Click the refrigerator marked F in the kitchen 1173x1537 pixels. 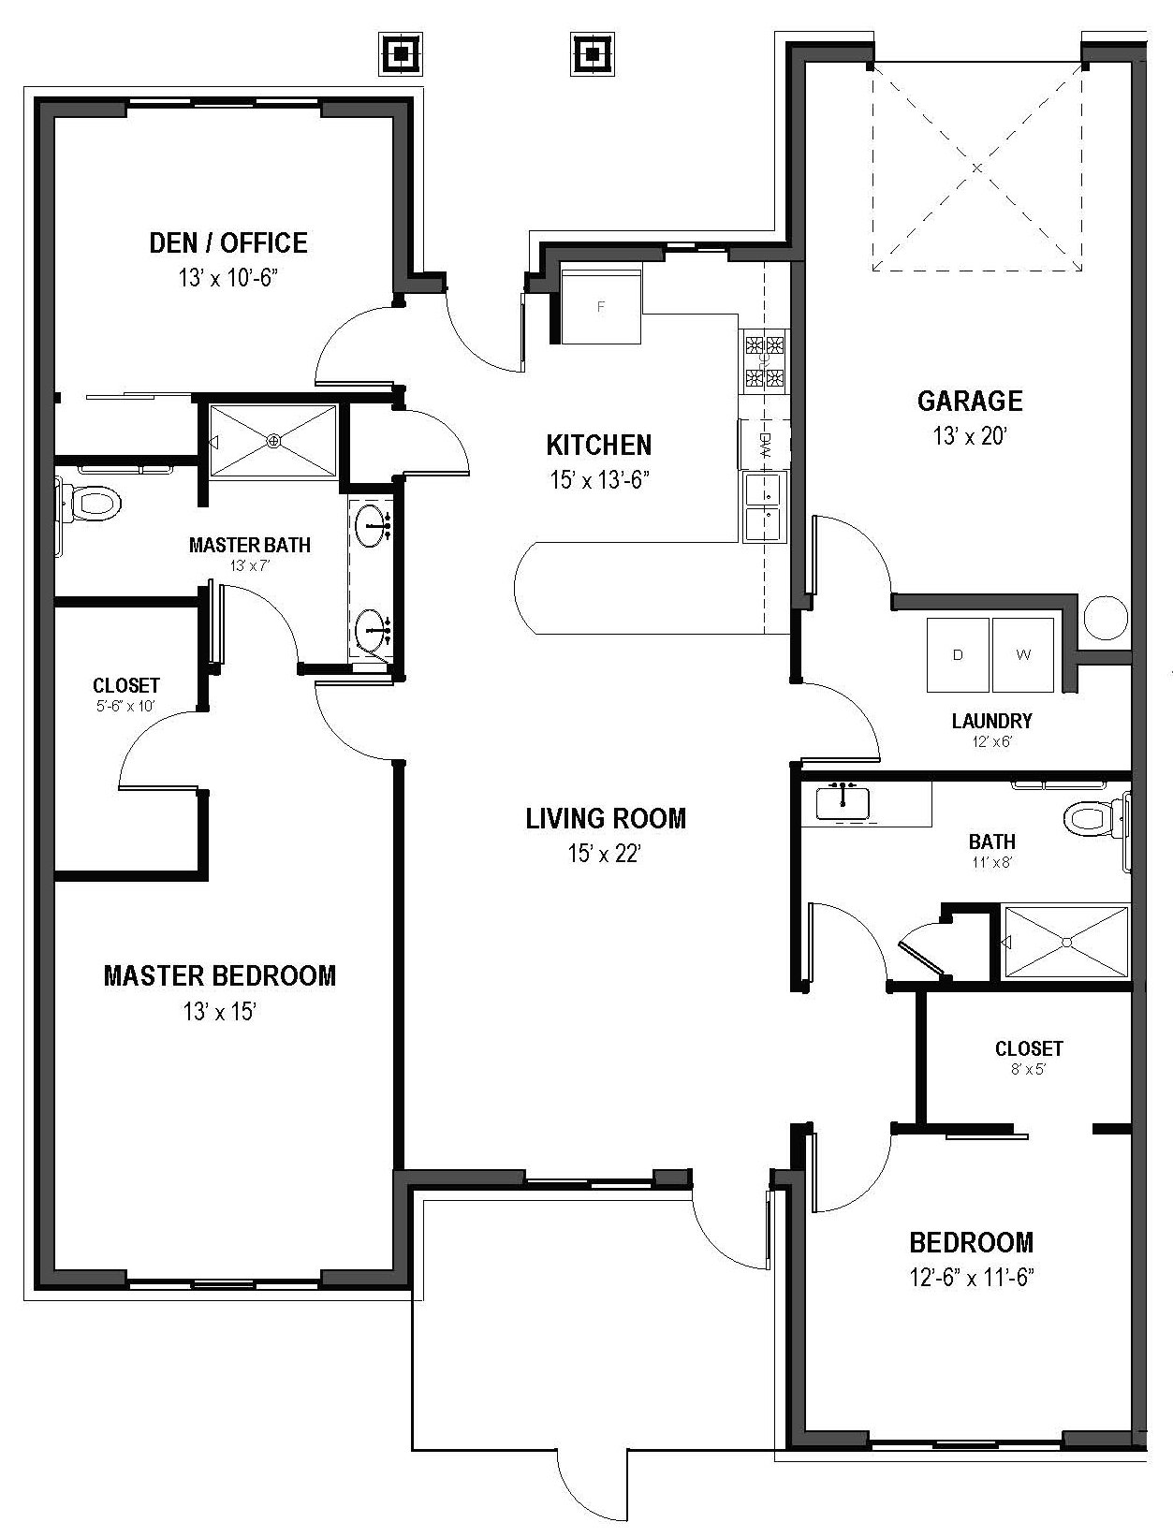601,305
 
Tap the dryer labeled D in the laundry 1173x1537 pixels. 958,654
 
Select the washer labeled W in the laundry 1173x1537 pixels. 1022,654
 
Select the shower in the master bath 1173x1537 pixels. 272,440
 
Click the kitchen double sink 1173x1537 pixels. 764,506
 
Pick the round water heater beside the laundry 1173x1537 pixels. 1106,619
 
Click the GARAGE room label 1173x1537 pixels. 969,402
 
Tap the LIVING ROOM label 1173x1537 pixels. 606,819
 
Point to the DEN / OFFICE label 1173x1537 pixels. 228,243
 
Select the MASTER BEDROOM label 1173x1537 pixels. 219,976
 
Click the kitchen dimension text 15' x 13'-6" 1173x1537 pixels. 599,480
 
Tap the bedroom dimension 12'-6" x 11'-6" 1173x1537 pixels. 971,1278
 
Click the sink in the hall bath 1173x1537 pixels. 843,801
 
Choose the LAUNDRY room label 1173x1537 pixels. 991,721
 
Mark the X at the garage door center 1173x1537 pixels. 976,168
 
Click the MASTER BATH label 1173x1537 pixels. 249,545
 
